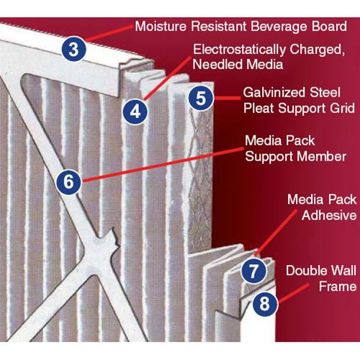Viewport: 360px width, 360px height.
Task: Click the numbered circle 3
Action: point(74,49)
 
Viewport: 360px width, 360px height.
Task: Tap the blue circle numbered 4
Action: point(135,112)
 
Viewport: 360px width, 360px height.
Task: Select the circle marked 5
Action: point(201,98)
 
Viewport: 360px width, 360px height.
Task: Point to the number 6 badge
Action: point(69,181)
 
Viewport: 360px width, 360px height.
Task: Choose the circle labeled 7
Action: point(253,271)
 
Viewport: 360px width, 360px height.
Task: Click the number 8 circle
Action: point(265,303)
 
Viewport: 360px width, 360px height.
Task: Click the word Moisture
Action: point(161,26)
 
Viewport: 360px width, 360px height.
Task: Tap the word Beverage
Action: point(279,27)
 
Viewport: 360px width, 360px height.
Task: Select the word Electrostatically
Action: point(239,50)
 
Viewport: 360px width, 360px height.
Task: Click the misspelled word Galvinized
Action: point(274,93)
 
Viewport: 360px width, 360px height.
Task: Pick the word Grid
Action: point(342,108)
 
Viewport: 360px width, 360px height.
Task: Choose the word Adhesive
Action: point(329,215)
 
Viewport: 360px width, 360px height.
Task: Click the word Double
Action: point(305,271)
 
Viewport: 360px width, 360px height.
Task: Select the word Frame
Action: point(338,287)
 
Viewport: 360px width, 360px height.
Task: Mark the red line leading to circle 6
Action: point(163,165)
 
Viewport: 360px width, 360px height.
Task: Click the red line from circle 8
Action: point(293,293)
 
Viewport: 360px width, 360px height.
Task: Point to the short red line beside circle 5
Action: point(228,98)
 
